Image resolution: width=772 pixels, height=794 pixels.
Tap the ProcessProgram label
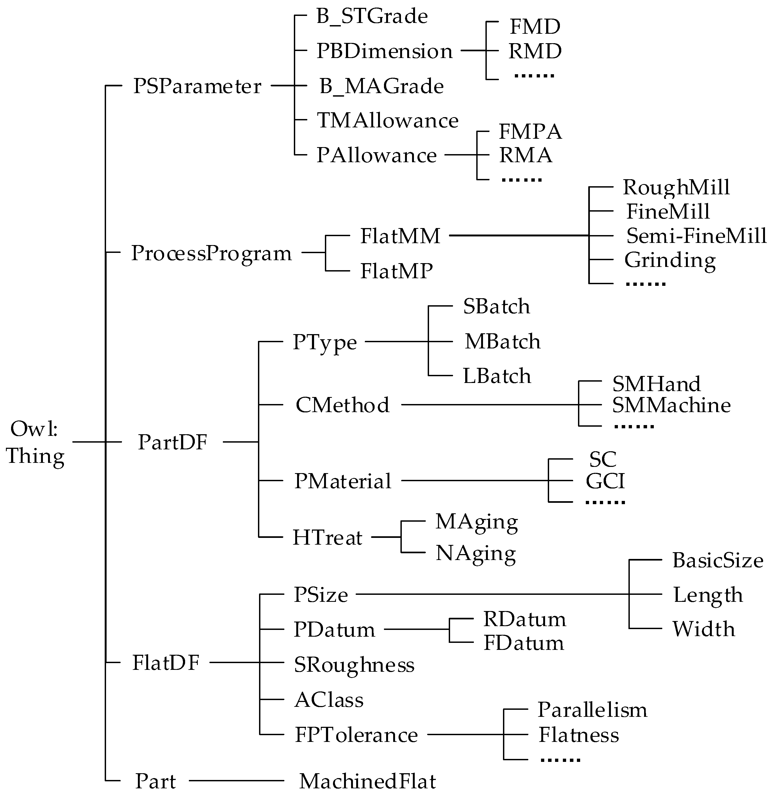[211, 253]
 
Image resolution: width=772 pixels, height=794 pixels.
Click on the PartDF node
[172, 442]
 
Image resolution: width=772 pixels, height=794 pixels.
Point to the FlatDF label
[166, 663]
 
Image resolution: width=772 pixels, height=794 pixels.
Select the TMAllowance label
[388, 120]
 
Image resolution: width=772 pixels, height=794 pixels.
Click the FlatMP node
[397, 271]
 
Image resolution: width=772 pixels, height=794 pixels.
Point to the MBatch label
[502, 341]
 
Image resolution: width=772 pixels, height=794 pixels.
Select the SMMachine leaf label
[671, 405]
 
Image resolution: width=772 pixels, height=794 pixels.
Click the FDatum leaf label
[523, 643]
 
